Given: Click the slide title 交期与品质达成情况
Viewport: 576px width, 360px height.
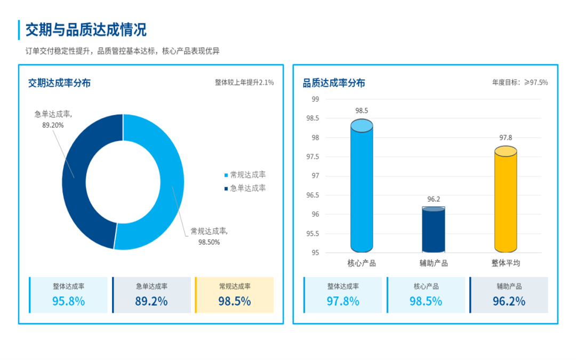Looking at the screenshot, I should pyautogui.click(x=86, y=29).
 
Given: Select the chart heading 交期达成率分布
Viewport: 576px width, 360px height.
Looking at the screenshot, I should pyautogui.click(x=59, y=83).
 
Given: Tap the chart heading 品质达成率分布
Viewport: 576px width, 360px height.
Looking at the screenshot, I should pyautogui.click(x=334, y=83).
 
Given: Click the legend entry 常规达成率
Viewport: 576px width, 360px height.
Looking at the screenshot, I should pyautogui.click(x=248, y=175).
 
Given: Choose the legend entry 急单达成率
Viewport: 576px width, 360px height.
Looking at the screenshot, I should pyautogui.click(x=248, y=188).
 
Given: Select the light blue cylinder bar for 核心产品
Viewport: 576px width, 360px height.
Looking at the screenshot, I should pyautogui.click(x=362, y=187).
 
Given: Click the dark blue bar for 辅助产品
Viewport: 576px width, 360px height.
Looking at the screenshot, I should pyautogui.click(x=434, y=230).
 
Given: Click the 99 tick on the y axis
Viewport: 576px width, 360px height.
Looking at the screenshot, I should pyautogui.click(x=315, y=99).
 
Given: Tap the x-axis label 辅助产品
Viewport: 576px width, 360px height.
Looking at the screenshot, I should pyautogui.click(x=434, y=263).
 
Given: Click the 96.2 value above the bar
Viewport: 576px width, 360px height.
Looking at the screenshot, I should pyautogui.click(x=434, y=199).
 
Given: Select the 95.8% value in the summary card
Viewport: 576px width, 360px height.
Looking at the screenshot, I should pyautogui.click(x=68, y=301).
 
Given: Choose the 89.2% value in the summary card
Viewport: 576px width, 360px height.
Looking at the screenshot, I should pyautogui.click(x=151, y=301).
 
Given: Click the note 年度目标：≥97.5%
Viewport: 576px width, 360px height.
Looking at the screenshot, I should pyautogui.click(x=519, y=83).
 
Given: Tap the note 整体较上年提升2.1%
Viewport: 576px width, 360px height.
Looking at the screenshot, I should pyautogui.click(x=244, y=83).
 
